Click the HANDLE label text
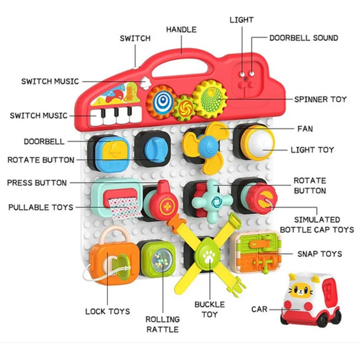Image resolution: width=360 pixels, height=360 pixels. pyautogui.click(x=181, y=30)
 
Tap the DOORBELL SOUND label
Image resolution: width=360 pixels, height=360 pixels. pyautogui.click(x=304, y=38)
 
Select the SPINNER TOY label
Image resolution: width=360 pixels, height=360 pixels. pyautogui.click(x=320, y=99)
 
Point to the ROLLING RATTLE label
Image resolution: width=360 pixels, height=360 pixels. pyautogui.click(x=162, y=324)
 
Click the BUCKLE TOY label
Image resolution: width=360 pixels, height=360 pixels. pyautogui.click(x=209, y=310)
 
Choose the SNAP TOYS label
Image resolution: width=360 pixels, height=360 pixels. pyautogui.click(x=319, y=254)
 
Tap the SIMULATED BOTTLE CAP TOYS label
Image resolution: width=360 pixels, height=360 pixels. pyautogui.click(x=317, y=225)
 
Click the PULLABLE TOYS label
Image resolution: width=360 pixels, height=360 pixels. pyautogui.click(x=40, y=207)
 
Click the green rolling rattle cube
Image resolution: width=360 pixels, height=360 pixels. pyautogui.click(x=157, y=260)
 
